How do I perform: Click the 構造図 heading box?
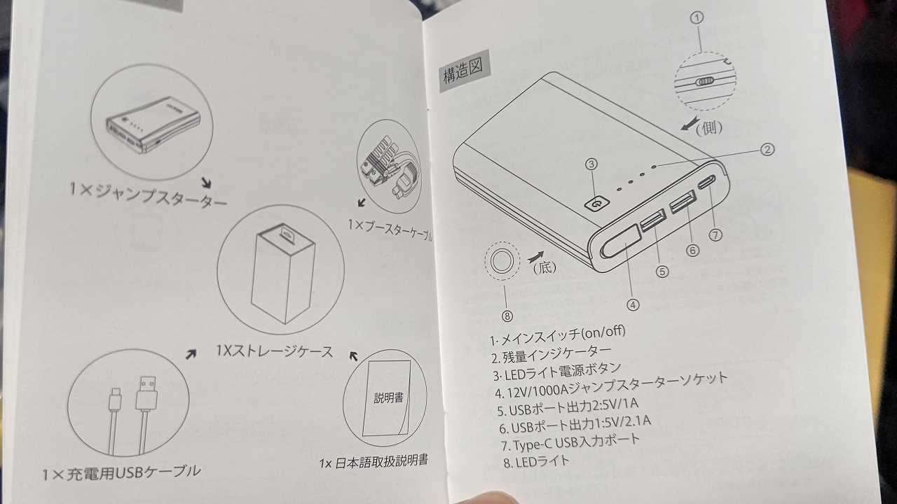pos(464,71)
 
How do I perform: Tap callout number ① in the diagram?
pos(697,17)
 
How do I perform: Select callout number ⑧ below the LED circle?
pos(507,316)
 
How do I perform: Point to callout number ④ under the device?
pos(633,305)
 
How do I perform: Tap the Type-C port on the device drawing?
pos(707,183)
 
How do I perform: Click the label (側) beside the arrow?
pos(708,127)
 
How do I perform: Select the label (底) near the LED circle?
pos(545,267)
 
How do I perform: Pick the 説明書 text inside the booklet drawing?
pos(388,398)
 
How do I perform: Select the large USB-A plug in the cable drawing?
pos(146,393)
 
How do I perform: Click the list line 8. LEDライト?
pos(537,462)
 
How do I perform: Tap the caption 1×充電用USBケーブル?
pos(121,473)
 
